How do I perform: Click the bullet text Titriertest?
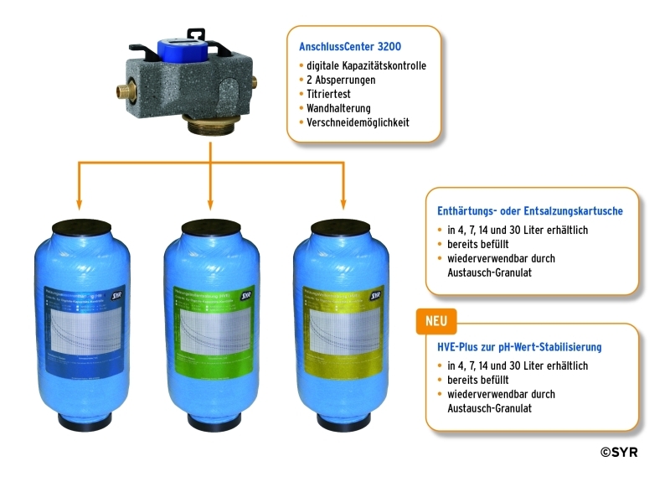[330, 94]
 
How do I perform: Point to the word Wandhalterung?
[338, 108]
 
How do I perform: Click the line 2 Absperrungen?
[341, 80]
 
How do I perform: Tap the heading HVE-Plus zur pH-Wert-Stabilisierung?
[520, 346]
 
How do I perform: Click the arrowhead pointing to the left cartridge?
[78, 204]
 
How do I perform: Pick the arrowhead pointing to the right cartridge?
[343, 204]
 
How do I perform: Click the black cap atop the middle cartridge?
[210, 227]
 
